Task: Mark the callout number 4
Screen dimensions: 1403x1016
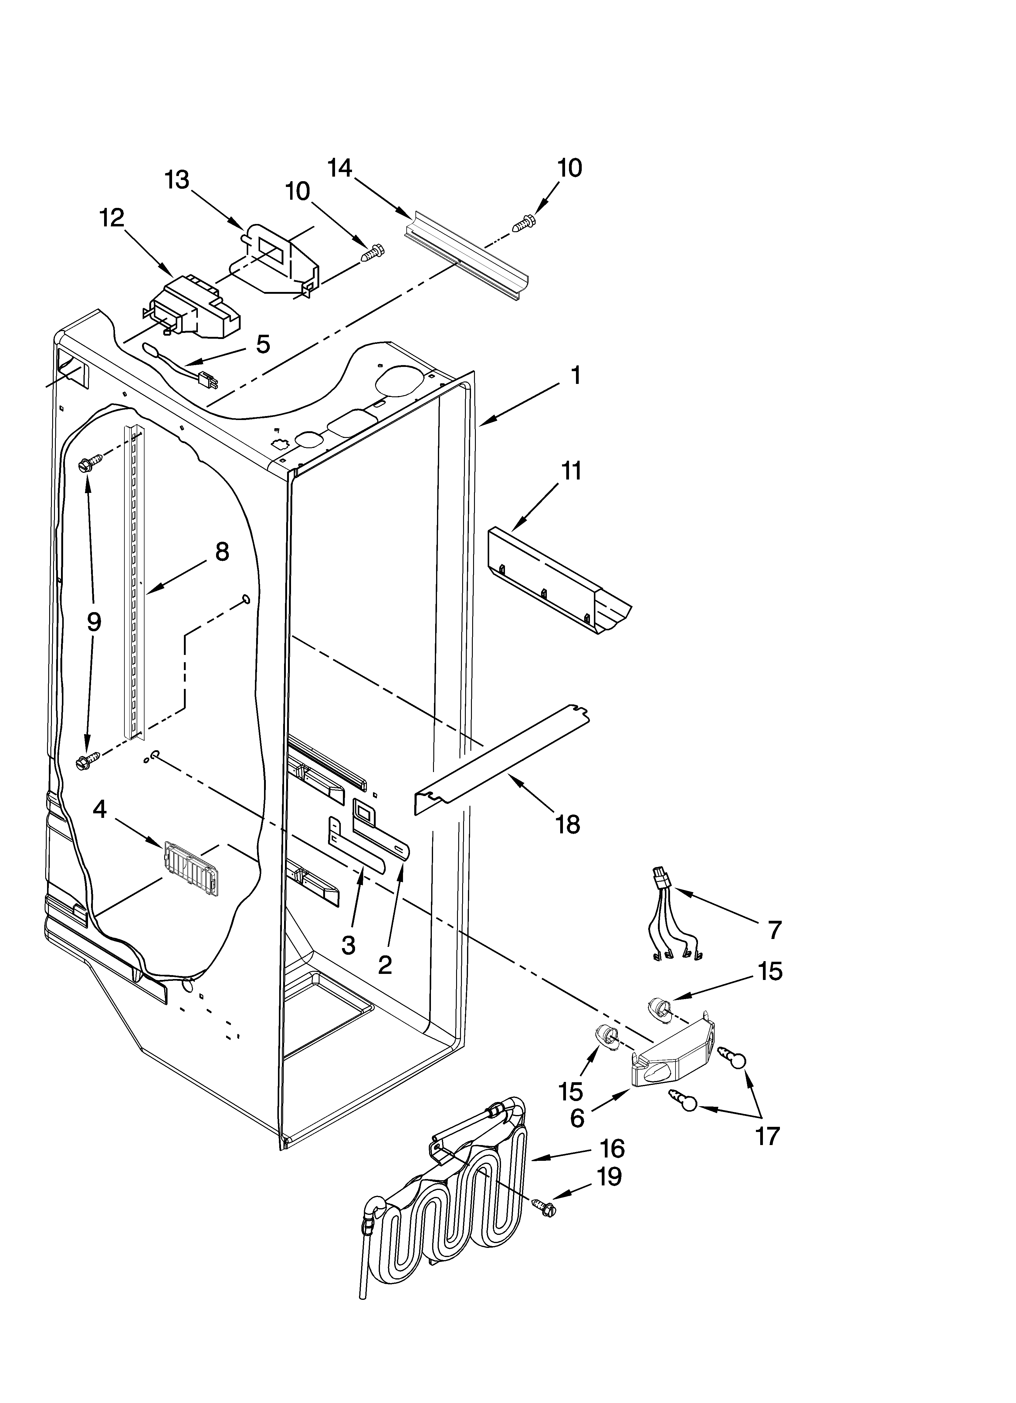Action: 100,810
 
